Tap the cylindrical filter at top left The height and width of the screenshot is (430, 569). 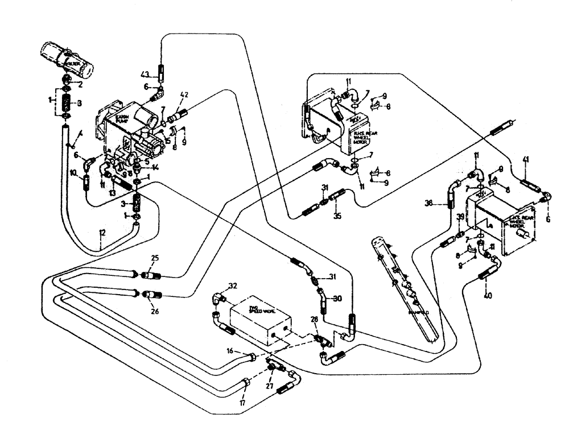pyautogui.click(x=67, y=60)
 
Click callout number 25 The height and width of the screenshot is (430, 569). pyautogui.click(x=154, y=259)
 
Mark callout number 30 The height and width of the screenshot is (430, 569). pyautogui.click(x=337, y=299)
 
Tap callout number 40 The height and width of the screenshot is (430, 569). pyautogui.click(x=487, y=295)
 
